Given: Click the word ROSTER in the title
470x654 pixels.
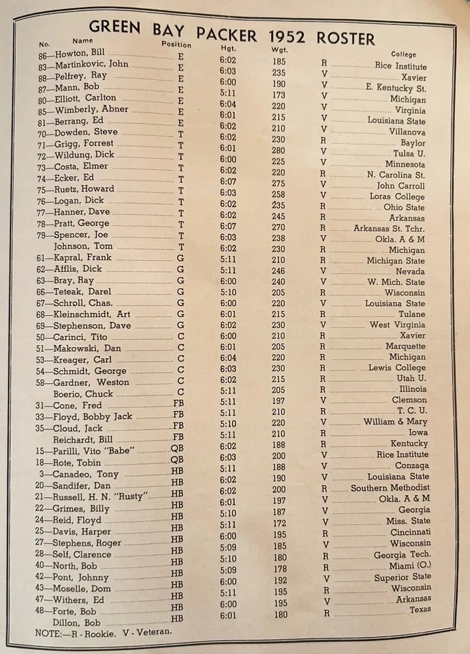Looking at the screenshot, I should click(345, 39).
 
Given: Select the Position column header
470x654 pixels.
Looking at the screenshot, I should click(176, 44).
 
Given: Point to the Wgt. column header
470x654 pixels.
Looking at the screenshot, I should click(280, 49).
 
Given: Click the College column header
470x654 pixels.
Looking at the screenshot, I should click(403, 54).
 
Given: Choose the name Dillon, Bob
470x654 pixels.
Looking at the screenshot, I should click(77, 622).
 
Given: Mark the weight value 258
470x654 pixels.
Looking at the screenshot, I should click(278, 193).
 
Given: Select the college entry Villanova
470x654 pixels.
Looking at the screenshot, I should click(407, 132).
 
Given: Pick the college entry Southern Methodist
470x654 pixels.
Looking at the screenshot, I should click(390, 487).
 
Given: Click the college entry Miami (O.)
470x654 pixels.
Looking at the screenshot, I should click(410, 566).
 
